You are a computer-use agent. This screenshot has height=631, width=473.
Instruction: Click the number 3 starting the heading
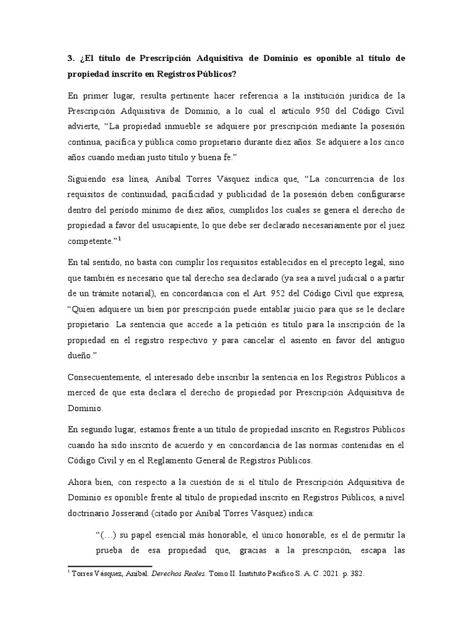click(x=70, y=58)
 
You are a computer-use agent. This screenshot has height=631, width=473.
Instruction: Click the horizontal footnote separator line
click(x=109, y=565)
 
